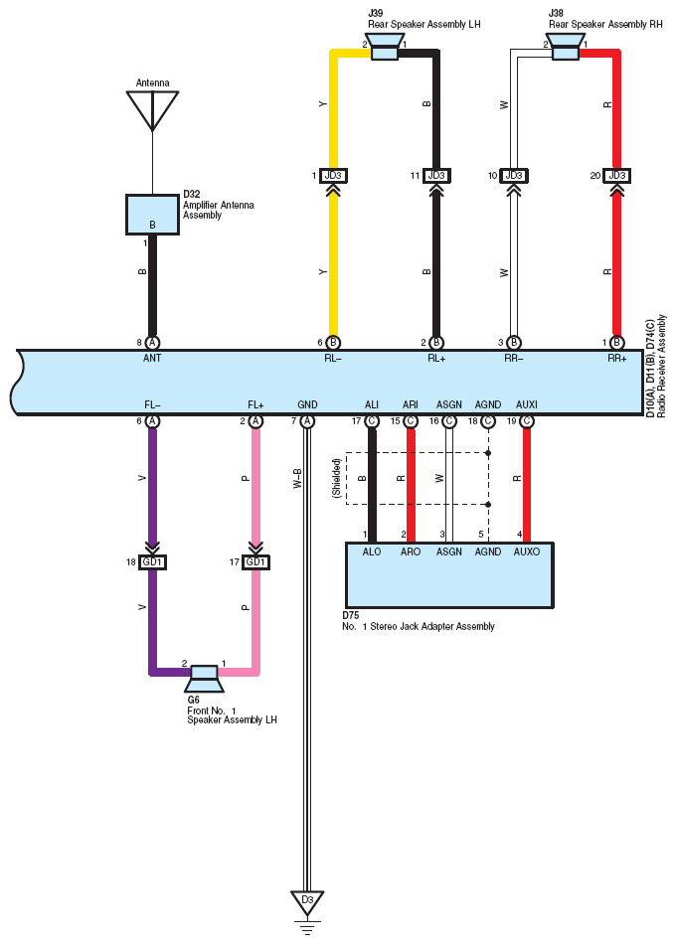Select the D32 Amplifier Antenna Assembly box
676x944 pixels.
pyautogui.click(x=152, y=215)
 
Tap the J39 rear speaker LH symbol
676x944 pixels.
pyautogui.click(x=385, y=47)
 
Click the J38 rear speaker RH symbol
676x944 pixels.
pyautogui.click(x=565, y=47)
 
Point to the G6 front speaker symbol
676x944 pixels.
pyautogui.click(x=204, y=679)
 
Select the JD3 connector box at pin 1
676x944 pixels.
pyautogui.click(x=333, y=176)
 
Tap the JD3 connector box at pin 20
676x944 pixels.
pyautogui.click(x=617, y=176)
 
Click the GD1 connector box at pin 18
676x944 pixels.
pyautogui.click(x=152, y=562)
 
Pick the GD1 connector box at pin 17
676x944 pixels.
pyautogui.click(x=255, y=562)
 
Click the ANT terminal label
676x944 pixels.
pyautogui.click(x=152, y=358)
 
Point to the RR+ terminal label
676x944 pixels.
pyautogui.click(x=617, y=358)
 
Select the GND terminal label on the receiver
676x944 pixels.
pyautogui.click(x=307, y=404)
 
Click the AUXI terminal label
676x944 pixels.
pyautogui.click(x=527, y=404)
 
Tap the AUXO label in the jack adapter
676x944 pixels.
pyautogui.click(x=527, y=551)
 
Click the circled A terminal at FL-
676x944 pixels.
pyautogui.click(x=152, y=421)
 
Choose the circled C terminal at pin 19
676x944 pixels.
pyautogui.click(x=527, y=421)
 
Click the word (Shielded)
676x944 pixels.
pyautogui.click(x=337, y=478)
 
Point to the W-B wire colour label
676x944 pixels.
pyautogui.click(x=297, y=479)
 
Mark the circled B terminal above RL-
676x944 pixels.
pyautogui.click(x=333, y=343)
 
